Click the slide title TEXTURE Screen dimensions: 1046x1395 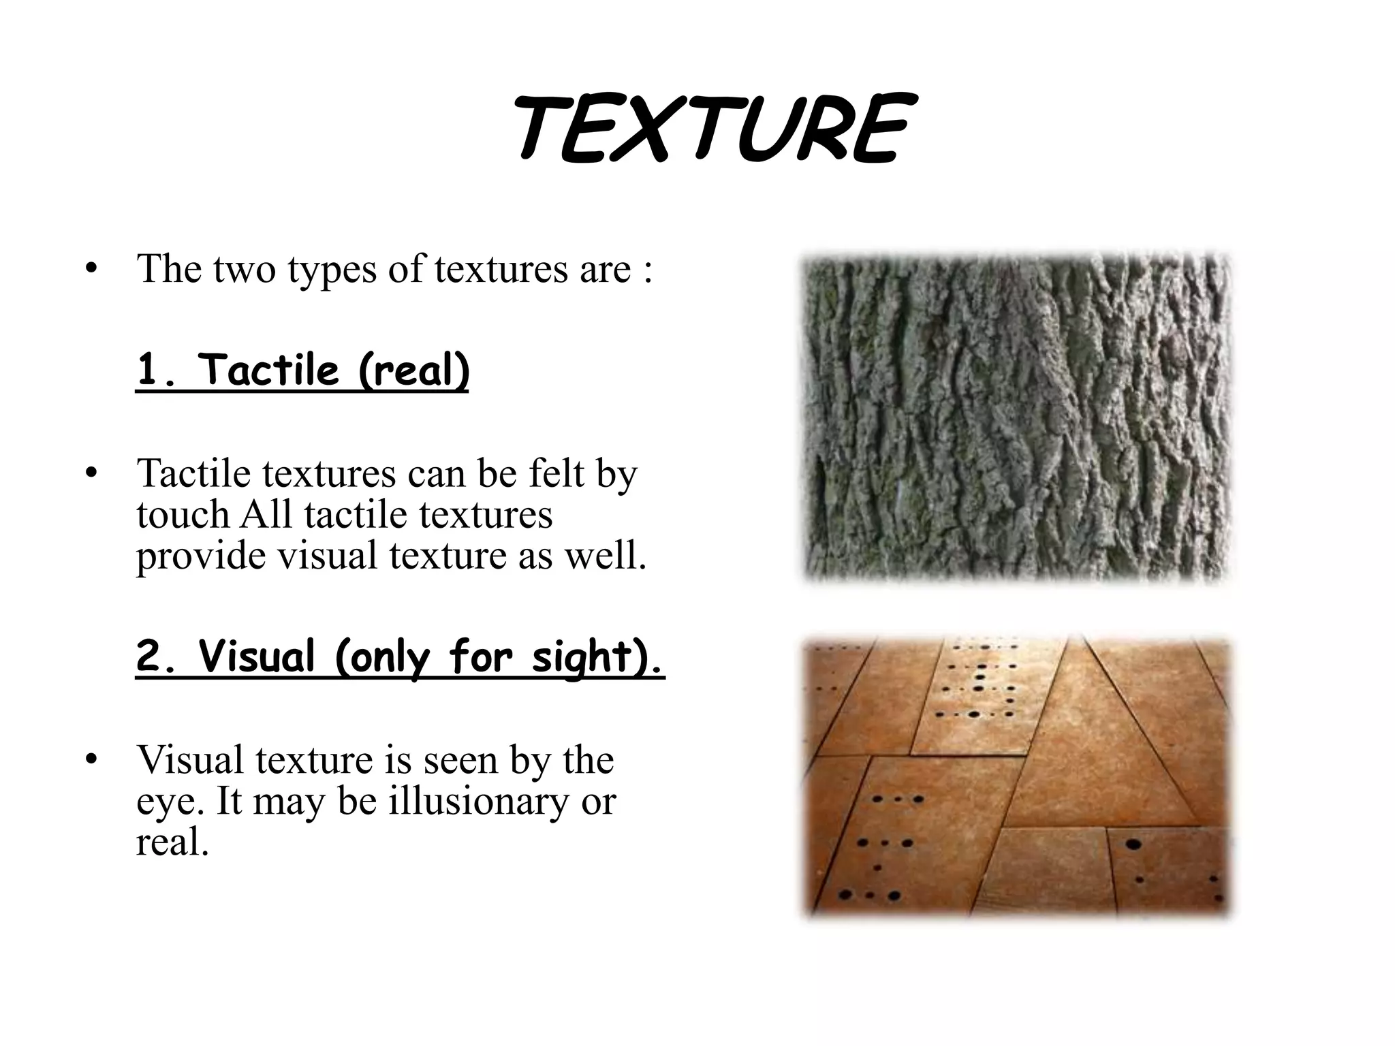[x=712, y=129]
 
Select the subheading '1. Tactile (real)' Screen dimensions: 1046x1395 [x=302, y=371]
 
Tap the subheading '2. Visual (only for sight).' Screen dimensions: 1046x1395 [x=400, y=657]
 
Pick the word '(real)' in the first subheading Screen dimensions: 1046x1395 [x=413, y=371]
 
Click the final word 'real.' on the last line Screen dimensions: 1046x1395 [x=172, y=843]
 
